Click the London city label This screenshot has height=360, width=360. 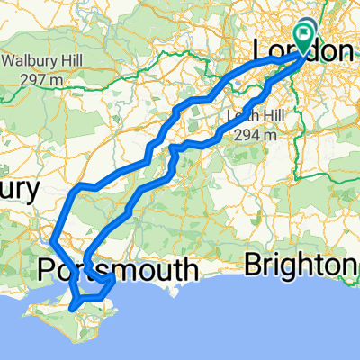click(x=302, y=52)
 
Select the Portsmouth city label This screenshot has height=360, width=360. click(x=119, y=270)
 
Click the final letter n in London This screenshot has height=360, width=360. click(x=345, y=52)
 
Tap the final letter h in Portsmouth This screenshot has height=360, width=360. click(x=190, y=270)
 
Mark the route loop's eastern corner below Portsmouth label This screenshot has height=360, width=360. click(x=113, y=281)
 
